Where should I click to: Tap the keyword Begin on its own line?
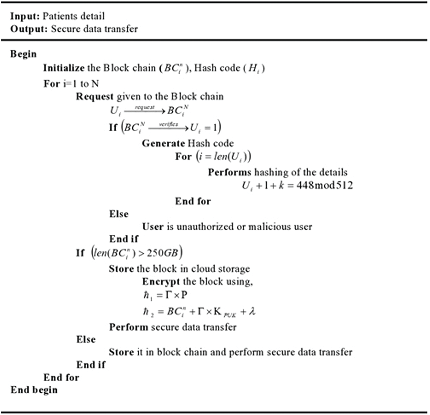point(23,54)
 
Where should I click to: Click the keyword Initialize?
point(64,68)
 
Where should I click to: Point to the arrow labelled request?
point(144,110)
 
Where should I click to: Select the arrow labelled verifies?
point(169,128)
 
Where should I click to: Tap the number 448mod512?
point(324,186)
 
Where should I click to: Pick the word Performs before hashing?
point(229,172)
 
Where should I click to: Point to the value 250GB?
point(162,253)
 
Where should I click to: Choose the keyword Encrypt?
point(161,282)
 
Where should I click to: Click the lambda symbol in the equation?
point(252,312)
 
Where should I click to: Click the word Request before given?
point(95,97)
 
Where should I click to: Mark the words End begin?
point(34,390)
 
